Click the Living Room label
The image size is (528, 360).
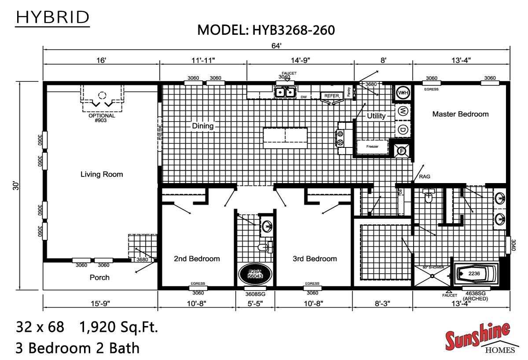(x=102, y=174)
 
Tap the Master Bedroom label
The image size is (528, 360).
(x=460, y=114)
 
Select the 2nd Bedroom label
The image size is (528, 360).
(x=197, y=259)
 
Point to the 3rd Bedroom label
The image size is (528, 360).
(x=315, y=259)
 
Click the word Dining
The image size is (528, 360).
(x=202, y=126)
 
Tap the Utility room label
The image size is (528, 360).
(x=376, y=116)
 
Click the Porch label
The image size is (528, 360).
(x=99, y=278)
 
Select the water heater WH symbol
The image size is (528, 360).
(x=403, y=93)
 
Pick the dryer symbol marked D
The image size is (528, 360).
(x=403, y=129)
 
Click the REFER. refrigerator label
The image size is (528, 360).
(x=333, y=95)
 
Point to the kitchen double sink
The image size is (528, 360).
(x=285, y=92)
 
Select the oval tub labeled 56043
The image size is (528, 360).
(x=255, y=274)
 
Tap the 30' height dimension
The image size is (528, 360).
(x=16, y=186)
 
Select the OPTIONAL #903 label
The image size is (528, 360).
(x=102, y=118)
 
